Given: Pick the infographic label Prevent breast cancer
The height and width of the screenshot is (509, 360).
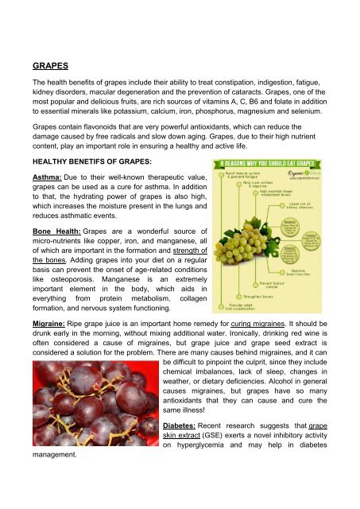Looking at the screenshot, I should point(270,284).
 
